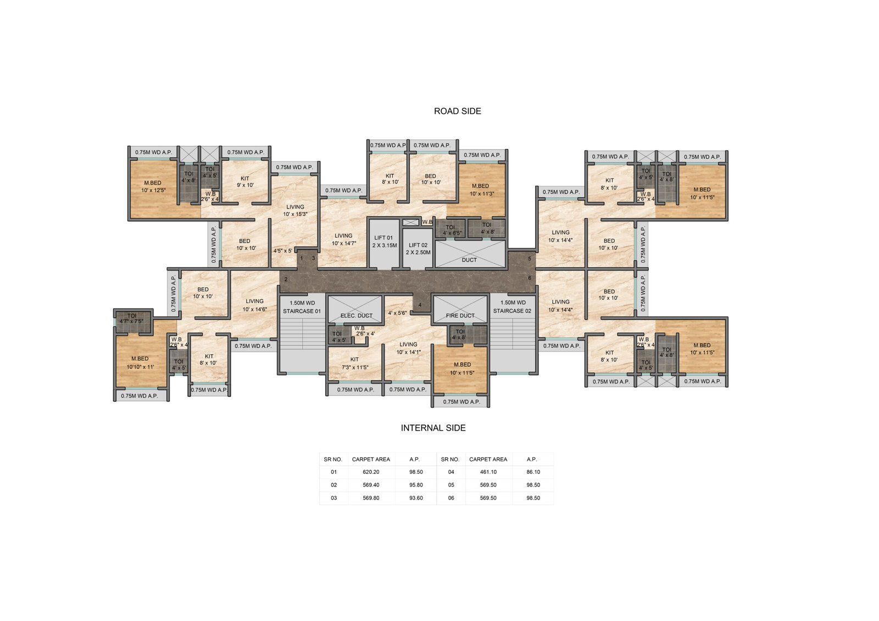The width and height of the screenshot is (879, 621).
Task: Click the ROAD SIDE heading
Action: (457, 111)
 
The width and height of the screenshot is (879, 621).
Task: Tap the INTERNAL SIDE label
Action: (433, 428)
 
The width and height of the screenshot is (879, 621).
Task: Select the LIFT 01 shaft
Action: (383, 244)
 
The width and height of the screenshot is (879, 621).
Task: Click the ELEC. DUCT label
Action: (357, 315)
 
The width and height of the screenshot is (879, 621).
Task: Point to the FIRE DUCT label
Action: (460, 315)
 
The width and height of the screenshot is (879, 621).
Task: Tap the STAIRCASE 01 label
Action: (302, 311)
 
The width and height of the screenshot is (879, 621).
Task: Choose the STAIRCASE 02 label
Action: (512, 311)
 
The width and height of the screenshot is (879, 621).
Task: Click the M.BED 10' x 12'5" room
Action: (153, 189)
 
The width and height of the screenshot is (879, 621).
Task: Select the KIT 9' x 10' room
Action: (245, 182)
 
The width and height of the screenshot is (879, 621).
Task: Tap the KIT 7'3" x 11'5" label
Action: (355, 363)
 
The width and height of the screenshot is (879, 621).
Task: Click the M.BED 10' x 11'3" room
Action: (481, 190)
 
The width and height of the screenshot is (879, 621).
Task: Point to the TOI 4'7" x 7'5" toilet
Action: (132, 318)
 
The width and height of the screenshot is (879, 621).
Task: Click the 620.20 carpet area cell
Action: (371, 472)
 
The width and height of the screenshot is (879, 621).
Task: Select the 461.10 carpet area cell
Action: (488, 472)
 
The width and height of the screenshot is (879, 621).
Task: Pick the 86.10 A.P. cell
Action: (533, 472)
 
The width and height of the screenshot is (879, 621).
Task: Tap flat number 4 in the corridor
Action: (420, 305)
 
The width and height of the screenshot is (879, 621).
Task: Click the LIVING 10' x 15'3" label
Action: (295, 211)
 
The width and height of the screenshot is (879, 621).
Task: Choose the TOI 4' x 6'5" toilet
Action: (451, 230)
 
